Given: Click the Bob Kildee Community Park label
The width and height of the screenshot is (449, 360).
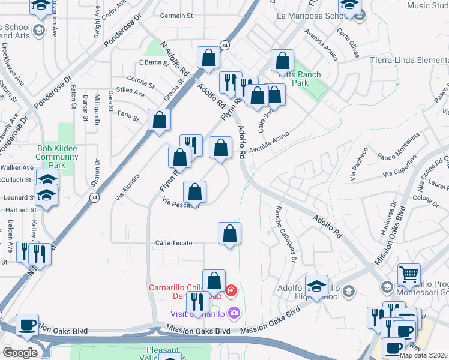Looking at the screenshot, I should click(58, 157).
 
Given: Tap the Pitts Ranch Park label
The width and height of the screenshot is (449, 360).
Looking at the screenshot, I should click(303, 79).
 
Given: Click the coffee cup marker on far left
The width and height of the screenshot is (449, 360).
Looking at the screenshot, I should click(27, 325).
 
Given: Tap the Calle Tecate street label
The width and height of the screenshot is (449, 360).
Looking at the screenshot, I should click(173, 242).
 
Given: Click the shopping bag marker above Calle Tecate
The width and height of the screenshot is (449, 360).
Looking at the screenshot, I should click(229, 234).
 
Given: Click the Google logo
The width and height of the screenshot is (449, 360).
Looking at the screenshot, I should click(20, 353).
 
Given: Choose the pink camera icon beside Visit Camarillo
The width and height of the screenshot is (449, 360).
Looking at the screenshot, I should click(234, 313).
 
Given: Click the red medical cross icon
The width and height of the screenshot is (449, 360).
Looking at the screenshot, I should click(231, 292).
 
